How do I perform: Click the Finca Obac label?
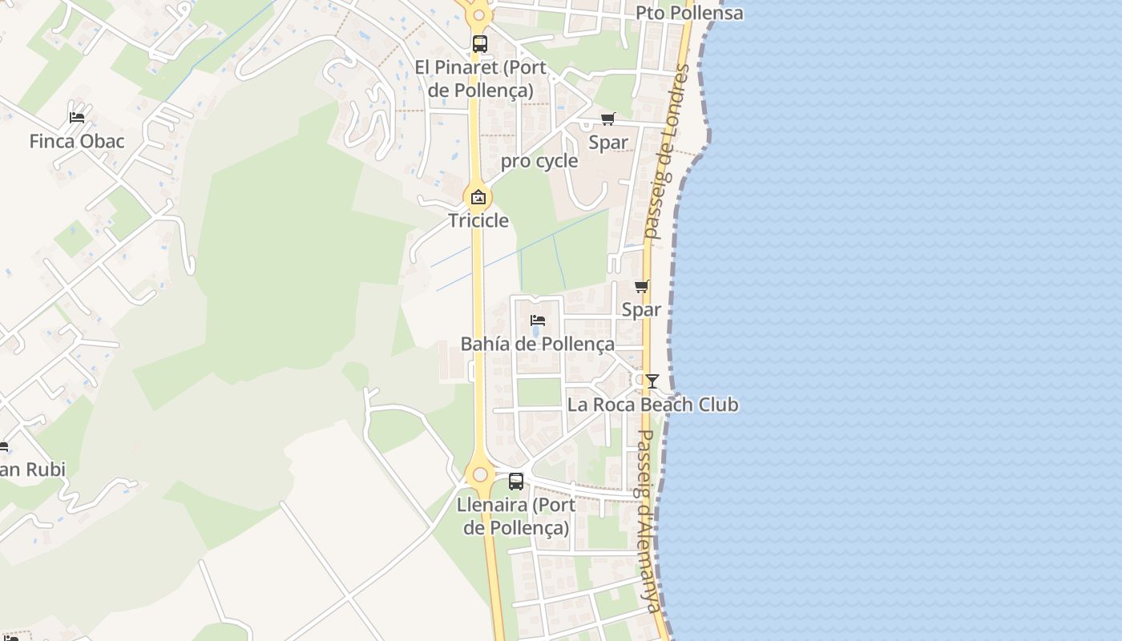tap(77, 142)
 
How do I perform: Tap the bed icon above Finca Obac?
tap(77, 117)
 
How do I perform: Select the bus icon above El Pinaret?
tap(480, 44)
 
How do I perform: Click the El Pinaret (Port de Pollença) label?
tap(480, 79)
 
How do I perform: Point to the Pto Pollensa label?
tap(689, 14)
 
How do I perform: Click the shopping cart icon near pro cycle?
tap(608, 119)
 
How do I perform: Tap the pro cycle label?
tap(539, 161)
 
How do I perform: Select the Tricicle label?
tap(478, 220)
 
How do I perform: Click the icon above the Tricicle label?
tap(478, 197)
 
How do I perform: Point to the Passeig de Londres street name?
tap(667, 152)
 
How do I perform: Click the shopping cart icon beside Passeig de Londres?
tap(642, 287)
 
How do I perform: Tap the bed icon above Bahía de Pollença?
tap(538, 320)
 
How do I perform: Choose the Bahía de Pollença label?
tap(538, 345)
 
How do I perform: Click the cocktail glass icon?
tap(652, 381)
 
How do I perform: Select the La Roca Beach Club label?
tap(652, 405)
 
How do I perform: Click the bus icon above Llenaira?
tap(516, 482)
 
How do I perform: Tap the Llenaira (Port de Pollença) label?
tap(516, 517)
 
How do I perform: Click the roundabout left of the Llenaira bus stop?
tap(480, 474)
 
